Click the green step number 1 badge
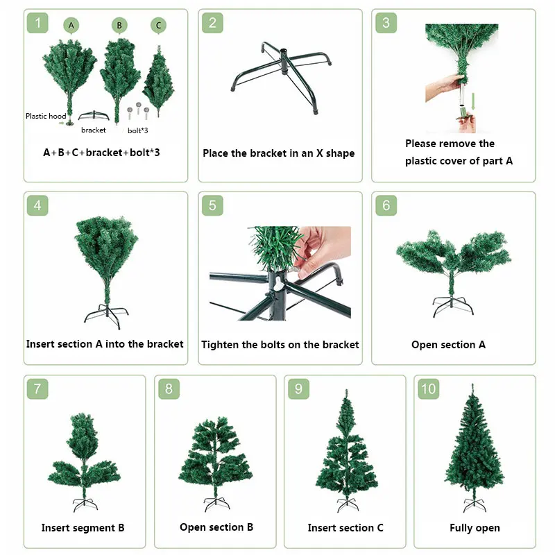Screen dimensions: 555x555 tap(37, 23)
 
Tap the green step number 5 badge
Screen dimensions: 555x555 tap(212, 205)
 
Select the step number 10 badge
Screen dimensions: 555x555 tap(429, 389)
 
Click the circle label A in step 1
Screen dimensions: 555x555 tap(71, 26)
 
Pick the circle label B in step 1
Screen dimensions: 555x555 tap(119, 26)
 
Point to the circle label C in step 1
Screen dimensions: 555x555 tap(158, 26)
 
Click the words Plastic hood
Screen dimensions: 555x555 tap(46, 116)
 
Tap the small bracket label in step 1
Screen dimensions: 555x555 tap(94, 130)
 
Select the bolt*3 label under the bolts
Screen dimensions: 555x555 tap(137, 130)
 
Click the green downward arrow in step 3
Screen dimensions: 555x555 tap(473, 101)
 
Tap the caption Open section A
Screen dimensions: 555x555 tap(448, 344)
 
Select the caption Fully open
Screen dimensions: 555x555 tap(475, 528)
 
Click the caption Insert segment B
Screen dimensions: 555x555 tap(83, 528)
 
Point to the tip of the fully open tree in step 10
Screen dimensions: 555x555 tap(472, 384)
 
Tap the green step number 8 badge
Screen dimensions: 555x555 tap(169, 389)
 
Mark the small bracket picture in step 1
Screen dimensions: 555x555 tap(94, 116)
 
